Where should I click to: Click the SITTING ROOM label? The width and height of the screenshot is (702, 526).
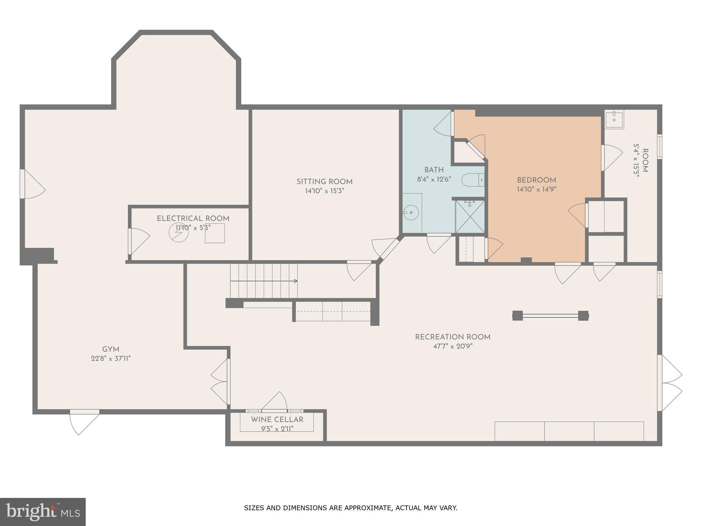[324, 182]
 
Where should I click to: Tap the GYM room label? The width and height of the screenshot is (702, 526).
[111, 350]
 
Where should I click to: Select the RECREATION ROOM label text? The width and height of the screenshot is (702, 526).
[453, 337]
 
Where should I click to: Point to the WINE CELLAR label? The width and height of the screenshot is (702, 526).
[277, 419]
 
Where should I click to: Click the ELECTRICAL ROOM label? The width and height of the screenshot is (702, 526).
[193, 218]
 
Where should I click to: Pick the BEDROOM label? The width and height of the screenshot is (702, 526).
[536, 180]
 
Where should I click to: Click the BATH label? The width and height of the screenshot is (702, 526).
[434, 170]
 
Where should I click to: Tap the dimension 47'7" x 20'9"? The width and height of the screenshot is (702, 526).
[453, 346]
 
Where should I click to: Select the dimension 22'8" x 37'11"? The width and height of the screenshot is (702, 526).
[111, 359]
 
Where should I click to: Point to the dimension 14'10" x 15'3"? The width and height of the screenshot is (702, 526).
[324, 191]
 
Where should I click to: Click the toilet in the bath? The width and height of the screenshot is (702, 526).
[473, 180]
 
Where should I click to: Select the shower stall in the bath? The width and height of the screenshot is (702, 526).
[470, 216]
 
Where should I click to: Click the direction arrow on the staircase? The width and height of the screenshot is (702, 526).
[264, 281]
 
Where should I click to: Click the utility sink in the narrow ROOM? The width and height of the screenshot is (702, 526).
[614, 119]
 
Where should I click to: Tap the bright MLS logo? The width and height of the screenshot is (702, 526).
[43, 512]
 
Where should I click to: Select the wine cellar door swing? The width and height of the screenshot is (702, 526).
[274, 401]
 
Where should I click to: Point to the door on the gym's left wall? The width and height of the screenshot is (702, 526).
[33, 184]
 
